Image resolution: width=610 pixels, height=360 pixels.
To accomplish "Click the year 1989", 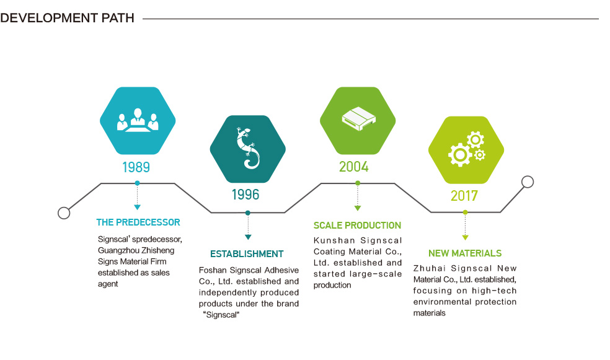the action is [136, 167].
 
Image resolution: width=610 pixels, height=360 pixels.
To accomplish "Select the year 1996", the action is [245, 195].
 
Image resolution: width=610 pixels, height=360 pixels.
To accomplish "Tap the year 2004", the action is [353, 167].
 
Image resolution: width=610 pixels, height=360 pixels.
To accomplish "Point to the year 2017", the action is [464, 196].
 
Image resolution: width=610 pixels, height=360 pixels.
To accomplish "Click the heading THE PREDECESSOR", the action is [138, 222].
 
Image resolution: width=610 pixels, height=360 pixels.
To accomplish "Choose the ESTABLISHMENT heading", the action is [247, 254].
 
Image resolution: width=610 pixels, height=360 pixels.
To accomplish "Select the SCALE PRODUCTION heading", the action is [357, 226].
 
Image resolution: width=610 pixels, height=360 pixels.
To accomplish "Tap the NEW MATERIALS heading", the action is [465, 253].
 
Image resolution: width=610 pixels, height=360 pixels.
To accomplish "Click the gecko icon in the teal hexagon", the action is [248, 148].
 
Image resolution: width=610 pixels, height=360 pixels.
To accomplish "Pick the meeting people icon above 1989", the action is [138, 120].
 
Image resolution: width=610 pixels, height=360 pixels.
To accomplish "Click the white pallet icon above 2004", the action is [358, 118].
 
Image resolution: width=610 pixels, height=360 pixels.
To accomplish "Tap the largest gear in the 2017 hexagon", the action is [460, 155].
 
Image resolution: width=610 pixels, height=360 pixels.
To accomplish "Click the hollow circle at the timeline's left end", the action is [64, 213].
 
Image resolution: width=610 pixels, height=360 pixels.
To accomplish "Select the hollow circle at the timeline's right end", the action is [528, 182].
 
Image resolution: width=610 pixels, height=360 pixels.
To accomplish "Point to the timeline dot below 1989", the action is [137, 183].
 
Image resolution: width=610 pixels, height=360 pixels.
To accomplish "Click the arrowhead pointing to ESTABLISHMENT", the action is [248, 237].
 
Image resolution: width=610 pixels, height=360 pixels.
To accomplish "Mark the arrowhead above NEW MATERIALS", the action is [465, 237].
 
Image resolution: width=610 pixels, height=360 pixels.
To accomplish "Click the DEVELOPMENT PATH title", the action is [68, 18].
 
